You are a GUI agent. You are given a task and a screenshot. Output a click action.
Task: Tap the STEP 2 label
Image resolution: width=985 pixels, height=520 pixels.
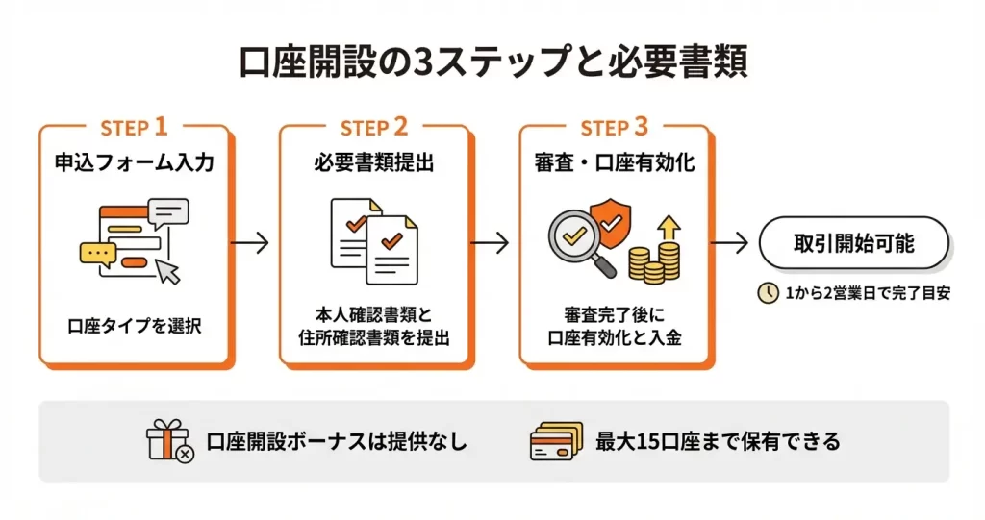[374, 127]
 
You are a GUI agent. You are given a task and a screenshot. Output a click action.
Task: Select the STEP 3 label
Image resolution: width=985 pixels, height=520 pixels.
[615, 127]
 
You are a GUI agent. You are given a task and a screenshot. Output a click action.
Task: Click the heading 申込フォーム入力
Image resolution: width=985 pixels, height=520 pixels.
[134, 163]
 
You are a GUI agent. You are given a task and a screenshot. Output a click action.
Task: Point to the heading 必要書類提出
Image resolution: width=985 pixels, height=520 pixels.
[374, 163]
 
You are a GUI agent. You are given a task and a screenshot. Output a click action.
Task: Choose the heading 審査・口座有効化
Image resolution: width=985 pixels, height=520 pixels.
[615, 163]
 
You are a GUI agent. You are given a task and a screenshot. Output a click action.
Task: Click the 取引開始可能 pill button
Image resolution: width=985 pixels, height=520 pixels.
[854, 243]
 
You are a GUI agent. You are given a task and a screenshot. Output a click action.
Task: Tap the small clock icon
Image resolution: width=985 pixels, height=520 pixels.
[769, 294]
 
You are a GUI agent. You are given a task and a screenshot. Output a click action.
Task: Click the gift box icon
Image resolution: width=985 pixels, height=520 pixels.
[169, 441]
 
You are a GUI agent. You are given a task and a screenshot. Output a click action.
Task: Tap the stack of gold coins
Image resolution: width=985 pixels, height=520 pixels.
[654, 260]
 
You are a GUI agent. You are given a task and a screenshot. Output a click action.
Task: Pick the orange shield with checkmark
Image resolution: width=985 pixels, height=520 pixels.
[611, 219]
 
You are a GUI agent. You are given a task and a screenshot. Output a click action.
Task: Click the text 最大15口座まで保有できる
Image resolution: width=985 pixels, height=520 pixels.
[718, 442]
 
